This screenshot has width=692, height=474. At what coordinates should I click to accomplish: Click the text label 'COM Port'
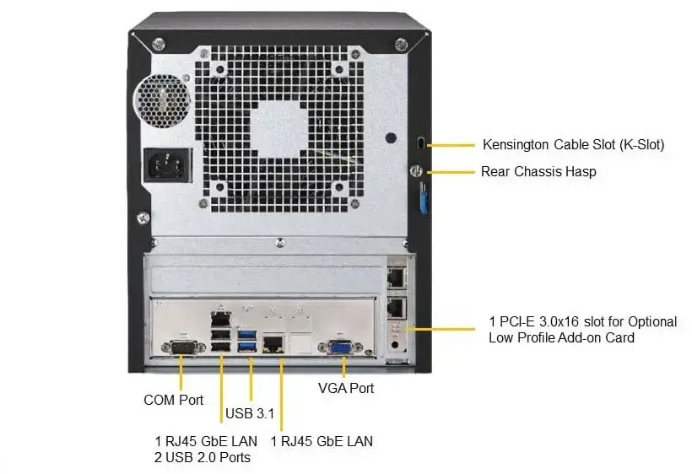173,400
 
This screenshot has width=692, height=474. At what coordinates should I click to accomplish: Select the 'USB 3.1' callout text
250,414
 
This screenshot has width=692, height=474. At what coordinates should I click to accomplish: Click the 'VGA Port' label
345,388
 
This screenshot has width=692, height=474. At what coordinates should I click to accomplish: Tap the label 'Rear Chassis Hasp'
538,171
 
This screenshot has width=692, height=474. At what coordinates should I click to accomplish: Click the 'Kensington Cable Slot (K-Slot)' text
573,144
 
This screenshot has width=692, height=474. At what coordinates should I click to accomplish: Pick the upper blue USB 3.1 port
248,335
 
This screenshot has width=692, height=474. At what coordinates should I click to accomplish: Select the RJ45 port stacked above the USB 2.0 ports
219,319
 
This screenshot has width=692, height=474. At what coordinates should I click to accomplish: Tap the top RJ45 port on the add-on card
395,275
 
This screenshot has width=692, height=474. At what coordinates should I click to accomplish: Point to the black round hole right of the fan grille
389,137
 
